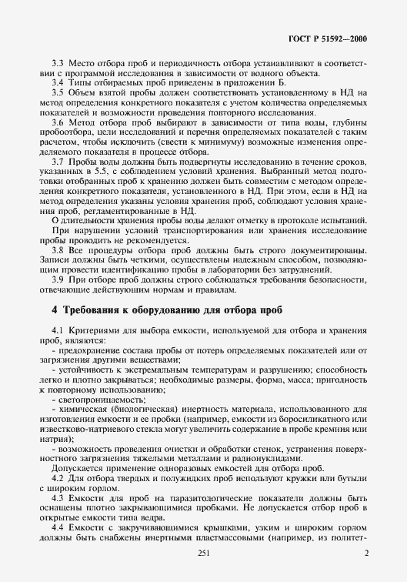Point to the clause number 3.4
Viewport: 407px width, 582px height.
pos(57,82)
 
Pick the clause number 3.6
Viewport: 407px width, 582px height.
pos(57,122)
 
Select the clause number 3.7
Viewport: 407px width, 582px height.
pos(57,162)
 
